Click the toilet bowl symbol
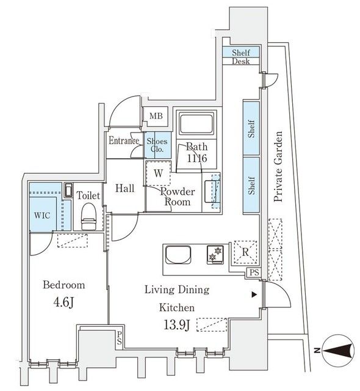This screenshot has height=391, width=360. pos(88,216)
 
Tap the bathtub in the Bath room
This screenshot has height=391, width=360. pos(196,124)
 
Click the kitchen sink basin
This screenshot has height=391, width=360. pos(178,254)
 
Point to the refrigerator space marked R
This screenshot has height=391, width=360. pos(245,252)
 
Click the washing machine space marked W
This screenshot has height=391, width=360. pos(158,173)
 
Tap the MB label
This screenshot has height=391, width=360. pos(156,116)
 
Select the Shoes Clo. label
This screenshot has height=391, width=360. pos(157,145)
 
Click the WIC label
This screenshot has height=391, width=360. pos(42,215)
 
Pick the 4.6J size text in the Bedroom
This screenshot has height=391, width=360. pos(63,302)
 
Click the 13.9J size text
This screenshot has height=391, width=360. pos(177,324)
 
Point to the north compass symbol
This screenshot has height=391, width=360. pos(338,351)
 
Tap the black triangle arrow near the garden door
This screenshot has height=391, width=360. pos(254,295)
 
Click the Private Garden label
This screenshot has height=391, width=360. pos(278,166)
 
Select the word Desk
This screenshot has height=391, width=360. pos(241,61)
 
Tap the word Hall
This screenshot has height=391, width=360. pos(125,188)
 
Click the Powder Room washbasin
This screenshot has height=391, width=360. pos(212,191)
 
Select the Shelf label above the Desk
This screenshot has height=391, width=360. pos(241,53)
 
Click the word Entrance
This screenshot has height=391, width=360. pos(124,141)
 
